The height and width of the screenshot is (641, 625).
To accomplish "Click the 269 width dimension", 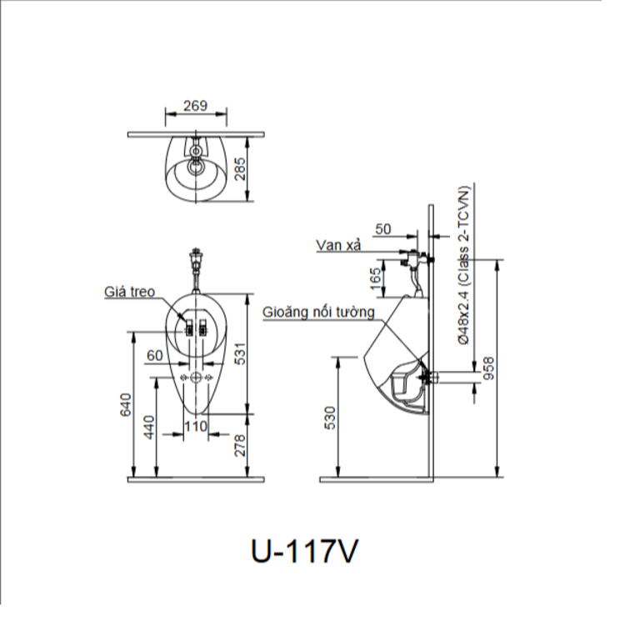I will point(195,107).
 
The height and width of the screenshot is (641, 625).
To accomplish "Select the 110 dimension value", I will point(195,426).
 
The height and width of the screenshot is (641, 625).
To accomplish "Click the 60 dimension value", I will point(155,356).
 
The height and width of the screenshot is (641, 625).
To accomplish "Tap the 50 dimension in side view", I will point(383,228).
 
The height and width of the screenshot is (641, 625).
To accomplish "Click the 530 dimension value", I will point(330,417).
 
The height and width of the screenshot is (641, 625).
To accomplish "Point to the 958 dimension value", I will point(490,367).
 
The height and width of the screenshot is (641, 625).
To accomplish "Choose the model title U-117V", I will point(304,551).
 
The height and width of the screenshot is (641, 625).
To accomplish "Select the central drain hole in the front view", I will point(196,378).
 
